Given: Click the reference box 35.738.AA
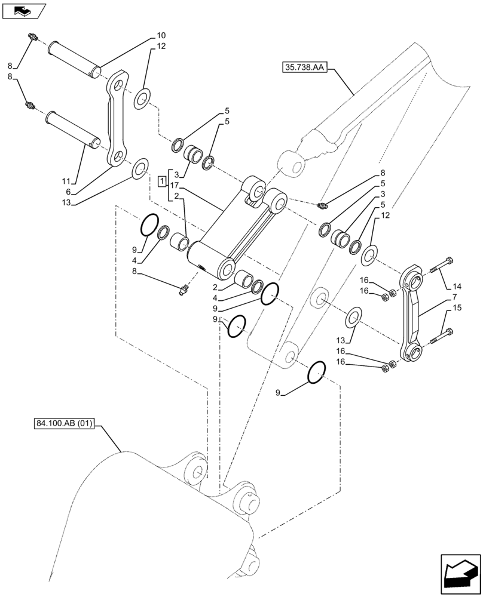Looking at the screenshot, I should point(302,68).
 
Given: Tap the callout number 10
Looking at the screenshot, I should point(145,35).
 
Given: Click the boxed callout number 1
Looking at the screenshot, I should point(162,181).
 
